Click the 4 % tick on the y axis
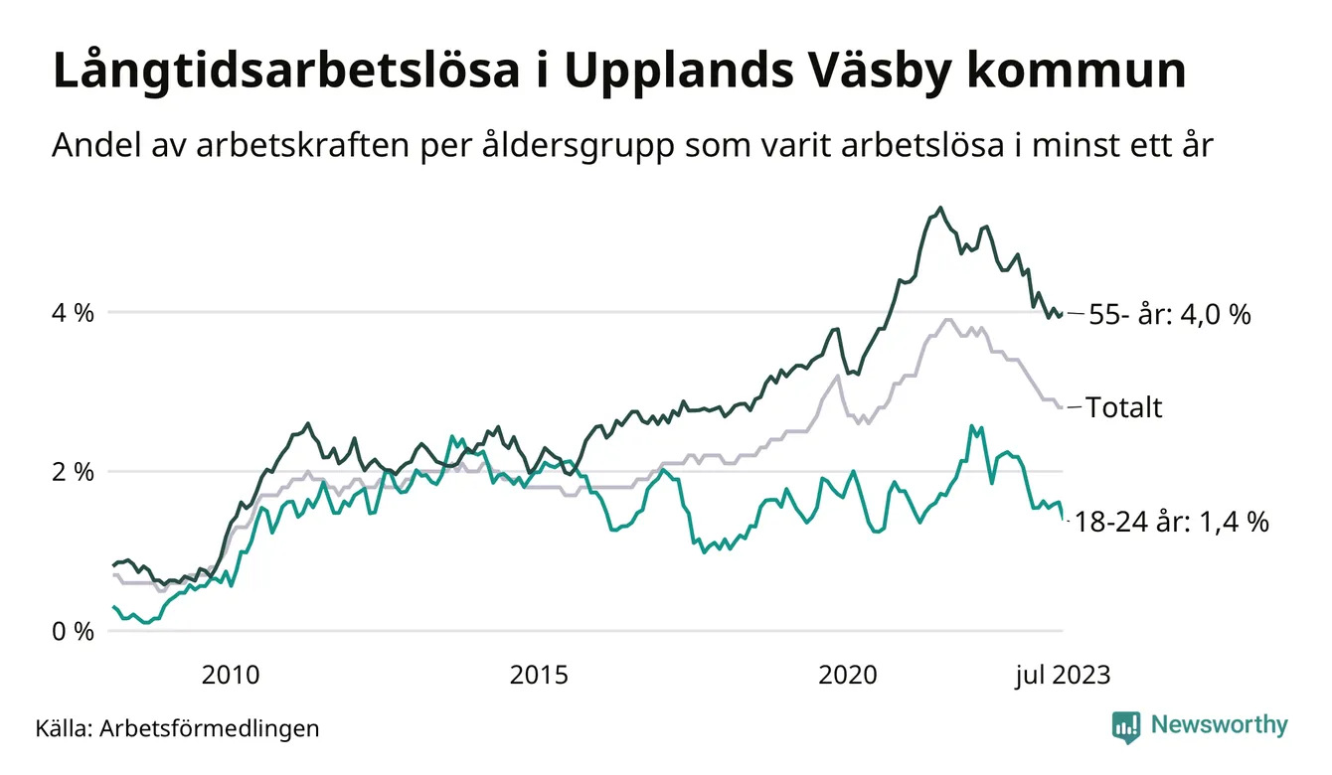tap(72, 313)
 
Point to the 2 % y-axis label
tap(72, 472)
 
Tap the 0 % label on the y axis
tap(72, 632)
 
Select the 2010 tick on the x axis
tap(231, 676)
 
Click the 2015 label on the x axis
tap(539, 676)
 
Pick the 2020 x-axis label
tap(847, 676)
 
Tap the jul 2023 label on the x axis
tap(1062, 676)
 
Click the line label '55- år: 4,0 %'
tap(1169, 315)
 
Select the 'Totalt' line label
tap(1123, 407)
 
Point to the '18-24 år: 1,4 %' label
tap(1172, 523)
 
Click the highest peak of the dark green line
tap(940, 208)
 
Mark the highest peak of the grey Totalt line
tap(947, 320)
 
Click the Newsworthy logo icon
tap(1126, 726)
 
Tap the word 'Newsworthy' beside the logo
tap(1219, 725)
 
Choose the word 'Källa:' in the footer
tap(64, 728)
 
